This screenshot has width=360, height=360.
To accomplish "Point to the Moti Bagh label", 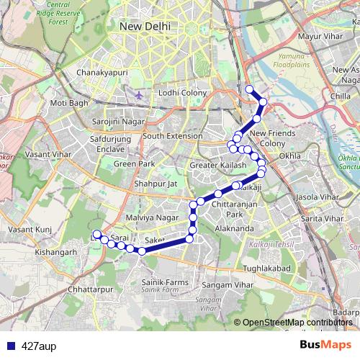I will click(x=68, y=104).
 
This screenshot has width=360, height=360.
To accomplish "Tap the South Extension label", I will click(x=172, y=135).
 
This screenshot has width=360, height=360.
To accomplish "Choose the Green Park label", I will click(x=134, y=163).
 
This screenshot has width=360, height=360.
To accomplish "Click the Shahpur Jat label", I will click(x=150, y=184).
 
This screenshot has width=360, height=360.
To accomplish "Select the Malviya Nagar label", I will click(x=151, y=217).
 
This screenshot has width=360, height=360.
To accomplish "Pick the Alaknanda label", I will click(x=233, y=228).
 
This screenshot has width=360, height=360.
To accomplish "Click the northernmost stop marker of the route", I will click(x=250, y=89).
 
